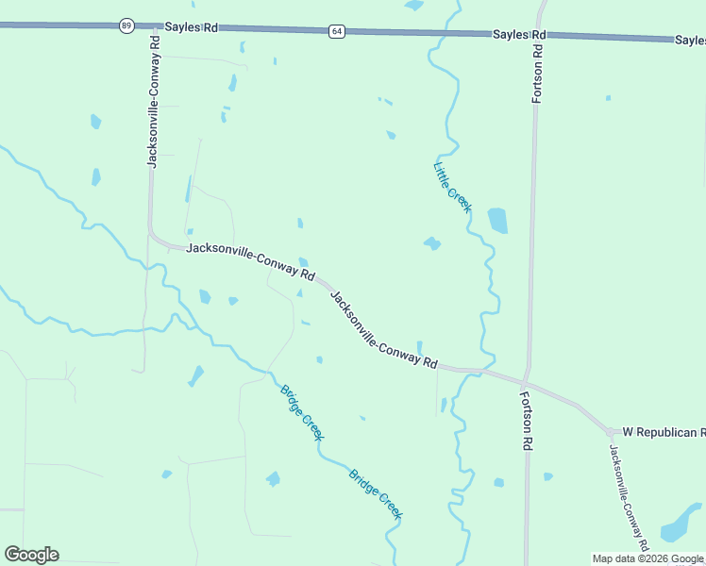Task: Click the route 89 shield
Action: (126, 25)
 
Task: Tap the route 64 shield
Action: (337, 31)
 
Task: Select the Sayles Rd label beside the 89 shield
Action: (191, 27)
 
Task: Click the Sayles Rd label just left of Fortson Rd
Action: (519, 34)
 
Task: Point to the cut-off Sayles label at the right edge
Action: (690, 41)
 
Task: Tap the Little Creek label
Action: (452, 187)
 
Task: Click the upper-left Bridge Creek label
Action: (302, 413)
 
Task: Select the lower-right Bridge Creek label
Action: (376, 494)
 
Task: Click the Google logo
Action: (31, 555)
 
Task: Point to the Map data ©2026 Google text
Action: (648, 558)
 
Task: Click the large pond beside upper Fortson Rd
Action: (497, 221)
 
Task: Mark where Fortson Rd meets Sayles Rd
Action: (540, 34)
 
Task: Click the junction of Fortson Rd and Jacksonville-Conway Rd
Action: (527, 382)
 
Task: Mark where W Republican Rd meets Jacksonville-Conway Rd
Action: (609, 430)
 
